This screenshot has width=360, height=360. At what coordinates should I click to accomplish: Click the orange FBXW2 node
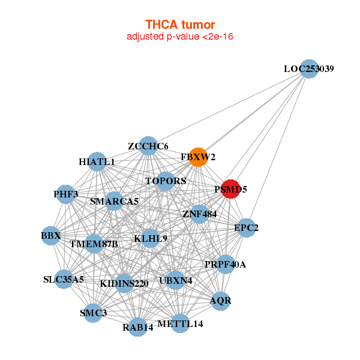pos(198,157)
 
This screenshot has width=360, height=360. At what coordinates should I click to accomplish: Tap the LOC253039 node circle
pos(308,68)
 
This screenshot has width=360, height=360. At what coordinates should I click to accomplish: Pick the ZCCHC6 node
pos(148,146)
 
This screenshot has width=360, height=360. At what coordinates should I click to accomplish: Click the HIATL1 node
pos(97,161)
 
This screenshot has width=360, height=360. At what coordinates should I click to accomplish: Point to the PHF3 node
pos(66,194)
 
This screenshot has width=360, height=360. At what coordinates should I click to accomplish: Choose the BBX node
pos(51,236)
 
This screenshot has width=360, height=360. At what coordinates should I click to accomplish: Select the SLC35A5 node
pos(64,279)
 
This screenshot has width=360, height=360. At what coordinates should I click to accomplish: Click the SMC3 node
pos(93,313)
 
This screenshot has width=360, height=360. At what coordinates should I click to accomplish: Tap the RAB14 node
pos(138,327)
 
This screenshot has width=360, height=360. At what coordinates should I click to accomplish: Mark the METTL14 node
pos(181,324)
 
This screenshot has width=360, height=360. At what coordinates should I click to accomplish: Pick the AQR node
pos(220,300)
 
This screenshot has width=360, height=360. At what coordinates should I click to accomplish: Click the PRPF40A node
pos(225,264)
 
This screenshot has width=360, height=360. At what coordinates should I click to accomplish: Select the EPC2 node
pos(246,228)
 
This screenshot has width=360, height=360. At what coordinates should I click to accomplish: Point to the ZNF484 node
pos(199,213)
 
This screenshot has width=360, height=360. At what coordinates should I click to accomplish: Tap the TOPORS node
pos(166,181)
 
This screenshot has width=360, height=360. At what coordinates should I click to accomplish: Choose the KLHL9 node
pos(151,238)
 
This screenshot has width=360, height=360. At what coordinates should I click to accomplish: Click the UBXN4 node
pos(176,280)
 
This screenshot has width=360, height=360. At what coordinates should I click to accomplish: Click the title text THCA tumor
pos(180,25)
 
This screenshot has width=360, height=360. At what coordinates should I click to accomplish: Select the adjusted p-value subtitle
pos(180,37)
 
